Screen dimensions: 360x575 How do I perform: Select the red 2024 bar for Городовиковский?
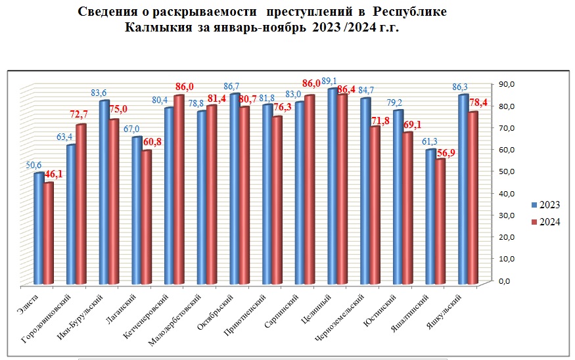click(x=81, y=204)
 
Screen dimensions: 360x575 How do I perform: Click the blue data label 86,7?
click(x=231, y=86)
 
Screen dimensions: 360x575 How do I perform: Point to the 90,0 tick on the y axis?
click(x=507, y=84)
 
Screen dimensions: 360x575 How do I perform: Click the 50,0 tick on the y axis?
click(x=507, y=171)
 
